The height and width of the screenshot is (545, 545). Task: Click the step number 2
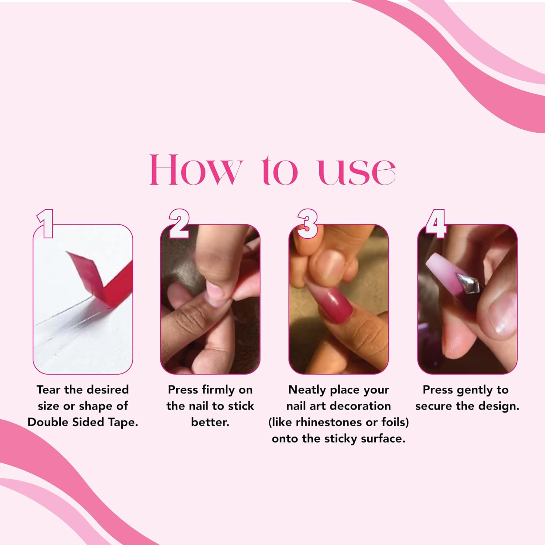[179, 223]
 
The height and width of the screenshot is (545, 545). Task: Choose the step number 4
[436, 223]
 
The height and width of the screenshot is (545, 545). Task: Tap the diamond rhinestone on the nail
[468, 284]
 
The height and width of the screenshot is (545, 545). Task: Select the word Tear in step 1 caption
[48, 390]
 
